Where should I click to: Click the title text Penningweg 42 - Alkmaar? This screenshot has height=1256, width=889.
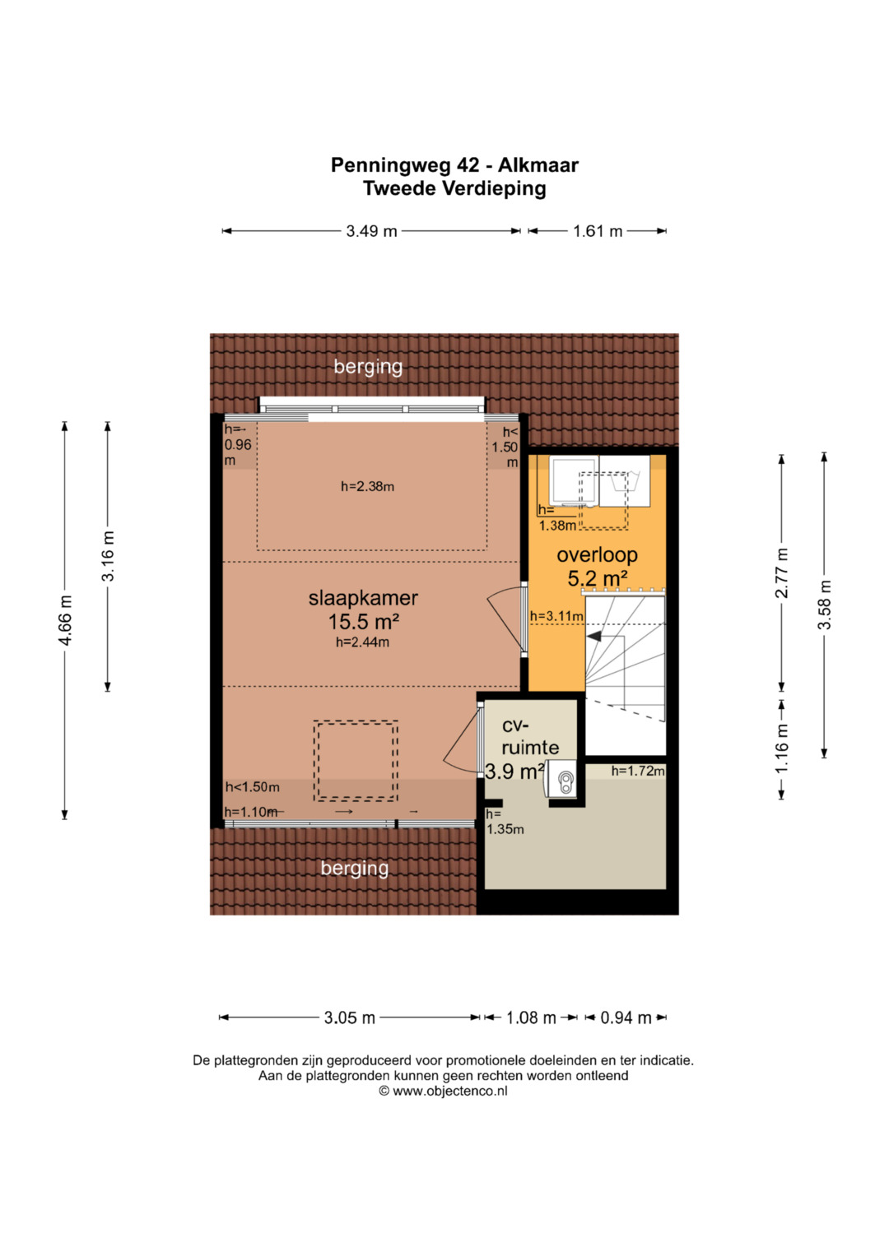[x=454, y=165]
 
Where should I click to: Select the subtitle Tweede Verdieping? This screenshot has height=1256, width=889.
[x=454, y=188]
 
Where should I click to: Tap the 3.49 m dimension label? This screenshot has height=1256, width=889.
[x=371, y=231]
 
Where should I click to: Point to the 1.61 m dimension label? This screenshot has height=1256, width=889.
[x=598, y=231]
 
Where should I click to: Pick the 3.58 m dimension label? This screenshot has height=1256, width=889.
[x=824, y=605]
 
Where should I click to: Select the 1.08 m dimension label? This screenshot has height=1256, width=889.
[x=531, y=1017]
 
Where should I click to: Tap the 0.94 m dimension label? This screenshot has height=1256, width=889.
[x=626, y=1017]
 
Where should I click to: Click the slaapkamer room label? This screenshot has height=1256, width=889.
[x=363, y=598]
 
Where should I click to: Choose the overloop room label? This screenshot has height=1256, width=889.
[x=597, y=554]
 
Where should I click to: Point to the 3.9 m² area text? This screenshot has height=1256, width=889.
[x=514, y=772]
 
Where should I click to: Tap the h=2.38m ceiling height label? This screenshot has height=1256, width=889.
[x=368, y=487]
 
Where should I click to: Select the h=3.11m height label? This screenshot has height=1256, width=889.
[x=556, y=616]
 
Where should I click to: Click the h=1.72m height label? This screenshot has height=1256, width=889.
[x=638, y=771]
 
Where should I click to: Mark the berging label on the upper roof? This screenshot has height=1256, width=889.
[x=368, y=367]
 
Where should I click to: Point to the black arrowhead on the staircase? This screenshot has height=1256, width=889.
[x=593, y=637]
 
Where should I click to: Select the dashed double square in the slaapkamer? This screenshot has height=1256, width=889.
[x=356, y=761]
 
